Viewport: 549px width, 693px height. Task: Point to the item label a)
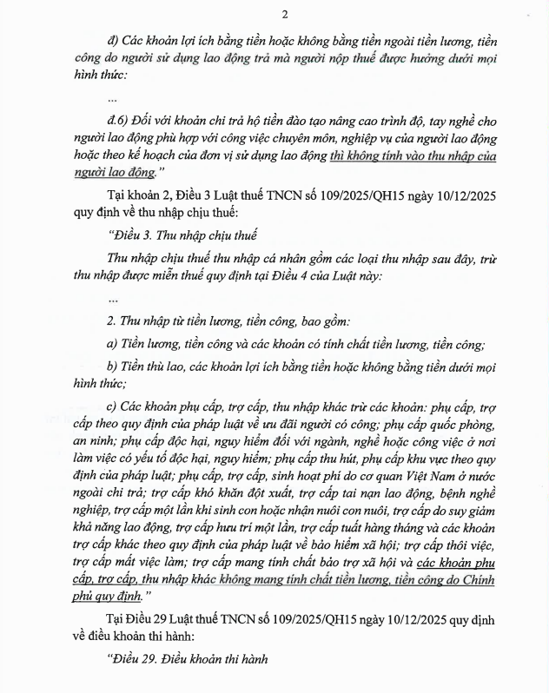(x=111, y=342)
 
